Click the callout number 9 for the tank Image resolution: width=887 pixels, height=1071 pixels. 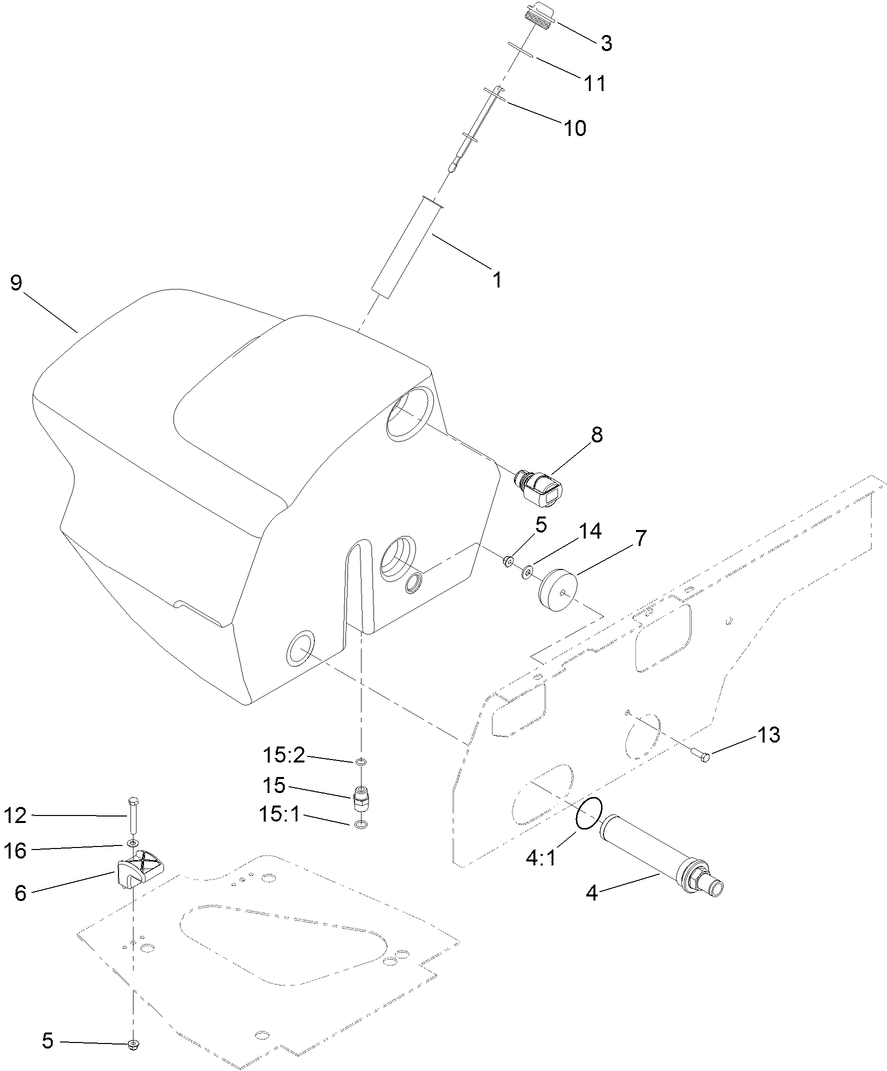[x=16, y=282]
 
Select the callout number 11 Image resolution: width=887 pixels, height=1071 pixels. [x=595, y=84]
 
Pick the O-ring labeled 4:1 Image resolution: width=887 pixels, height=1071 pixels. [x=588, y=813]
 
